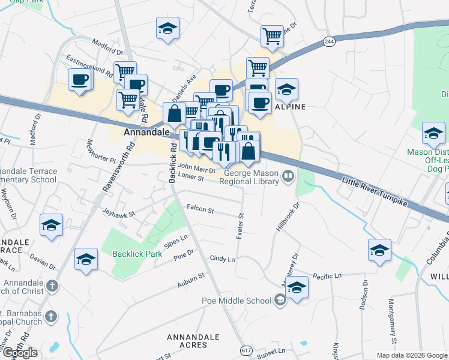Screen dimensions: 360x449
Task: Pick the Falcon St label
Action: tap(200, 209)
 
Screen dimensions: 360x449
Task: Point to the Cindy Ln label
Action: tap(222, 259)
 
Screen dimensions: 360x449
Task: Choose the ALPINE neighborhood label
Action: tap(291, 107)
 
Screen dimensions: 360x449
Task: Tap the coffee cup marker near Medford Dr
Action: tap(79, 79)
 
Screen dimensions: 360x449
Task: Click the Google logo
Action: tap(20, 353)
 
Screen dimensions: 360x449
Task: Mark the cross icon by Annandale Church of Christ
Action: tap(52, 285)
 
